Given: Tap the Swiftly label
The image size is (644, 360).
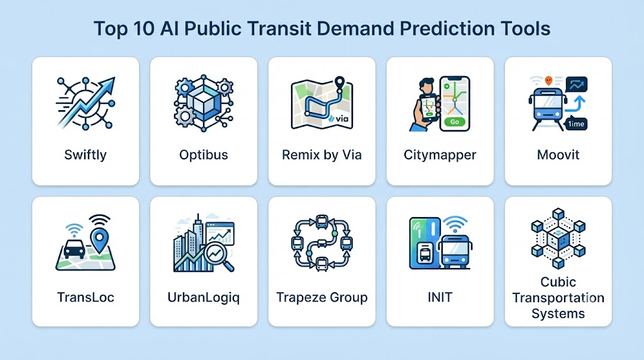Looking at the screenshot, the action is pos(86,155).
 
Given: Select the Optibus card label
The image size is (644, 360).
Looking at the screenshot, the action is pos(204,155).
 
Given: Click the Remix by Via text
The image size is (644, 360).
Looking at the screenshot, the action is pos(321,155).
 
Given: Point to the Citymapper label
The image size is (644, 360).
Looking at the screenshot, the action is pos(440,155).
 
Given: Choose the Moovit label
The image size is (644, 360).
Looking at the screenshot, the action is pos(558,155).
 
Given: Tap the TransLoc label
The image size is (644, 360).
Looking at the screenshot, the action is pos(86,297).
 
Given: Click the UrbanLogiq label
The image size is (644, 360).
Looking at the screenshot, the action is pos(204,297).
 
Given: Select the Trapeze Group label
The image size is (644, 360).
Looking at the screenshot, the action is pos(321,297).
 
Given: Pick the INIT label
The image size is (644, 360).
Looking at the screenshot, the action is pos(440,297).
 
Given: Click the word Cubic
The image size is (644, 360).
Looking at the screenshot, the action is pos(558,282).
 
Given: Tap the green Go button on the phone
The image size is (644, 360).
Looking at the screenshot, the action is pos(455,121).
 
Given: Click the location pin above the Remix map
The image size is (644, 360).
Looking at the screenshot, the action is pos(339,84).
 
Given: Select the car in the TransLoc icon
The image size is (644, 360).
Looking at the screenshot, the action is pos(74,248).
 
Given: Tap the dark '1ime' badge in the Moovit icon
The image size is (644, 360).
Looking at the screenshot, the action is pos(576,124).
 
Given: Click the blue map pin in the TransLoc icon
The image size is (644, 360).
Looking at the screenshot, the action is pos(99,240).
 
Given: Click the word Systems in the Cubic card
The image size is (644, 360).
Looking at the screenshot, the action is pos(558,313).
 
